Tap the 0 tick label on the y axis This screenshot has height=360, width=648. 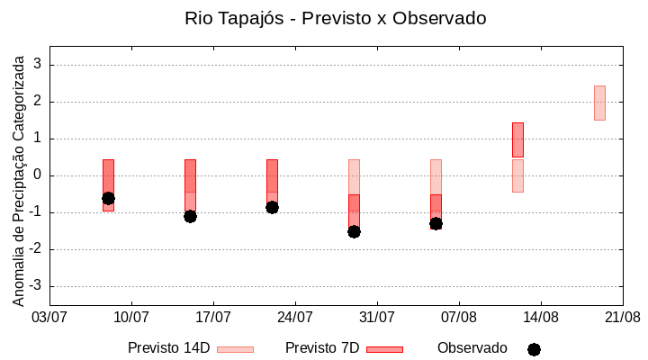click(x=38, y=175)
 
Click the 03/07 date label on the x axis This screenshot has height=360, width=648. click(x=49, y=317)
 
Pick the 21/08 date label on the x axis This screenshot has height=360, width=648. click(x=622, y=317)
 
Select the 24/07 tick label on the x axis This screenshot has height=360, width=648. click(x=295, y=317)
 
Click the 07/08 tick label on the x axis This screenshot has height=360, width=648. click(x=459, y=317)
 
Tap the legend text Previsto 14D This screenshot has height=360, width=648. click(x=168, y=348)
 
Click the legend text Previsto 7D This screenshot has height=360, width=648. click(x=322, y=348)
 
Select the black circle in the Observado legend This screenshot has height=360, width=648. click(x=534, y=349)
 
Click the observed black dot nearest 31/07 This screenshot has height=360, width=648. click(x=354, y=231)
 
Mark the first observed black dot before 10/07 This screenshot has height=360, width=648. click(x=108, y=198)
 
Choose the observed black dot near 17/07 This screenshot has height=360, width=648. click(x=190, y=216)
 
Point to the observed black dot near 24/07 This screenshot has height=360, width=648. click(x=272, y=207)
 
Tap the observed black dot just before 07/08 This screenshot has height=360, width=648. click(x=436, y=223)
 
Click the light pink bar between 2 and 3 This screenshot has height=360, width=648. click(x=599, y=103)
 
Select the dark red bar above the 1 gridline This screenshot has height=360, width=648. click(x=517, y=139)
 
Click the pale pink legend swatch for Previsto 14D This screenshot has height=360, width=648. click(x=235, y=349)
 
